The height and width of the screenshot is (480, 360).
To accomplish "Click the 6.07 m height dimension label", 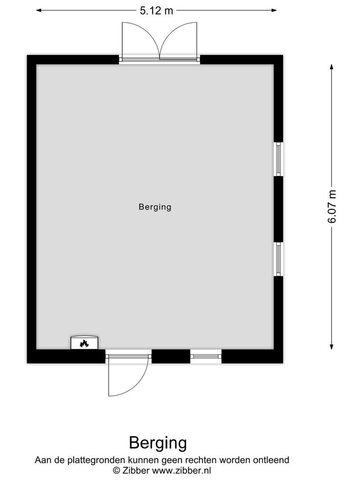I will pos(332,207).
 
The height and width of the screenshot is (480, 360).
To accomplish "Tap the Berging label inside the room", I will pos(155,207).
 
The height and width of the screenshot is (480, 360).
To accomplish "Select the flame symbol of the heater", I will pos(84,343).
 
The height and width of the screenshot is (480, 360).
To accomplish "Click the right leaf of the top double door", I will pos(179,40).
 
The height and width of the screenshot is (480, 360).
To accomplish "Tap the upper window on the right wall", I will pos(278,160).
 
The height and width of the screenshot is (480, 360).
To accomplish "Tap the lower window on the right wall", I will pos(278,259).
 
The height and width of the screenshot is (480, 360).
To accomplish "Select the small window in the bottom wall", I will pos(206,356).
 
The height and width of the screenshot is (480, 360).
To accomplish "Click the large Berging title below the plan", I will pos(158,443).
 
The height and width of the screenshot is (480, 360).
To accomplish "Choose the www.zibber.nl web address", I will pos(182,470).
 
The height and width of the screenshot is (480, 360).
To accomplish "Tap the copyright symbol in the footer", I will pos(117,470).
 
